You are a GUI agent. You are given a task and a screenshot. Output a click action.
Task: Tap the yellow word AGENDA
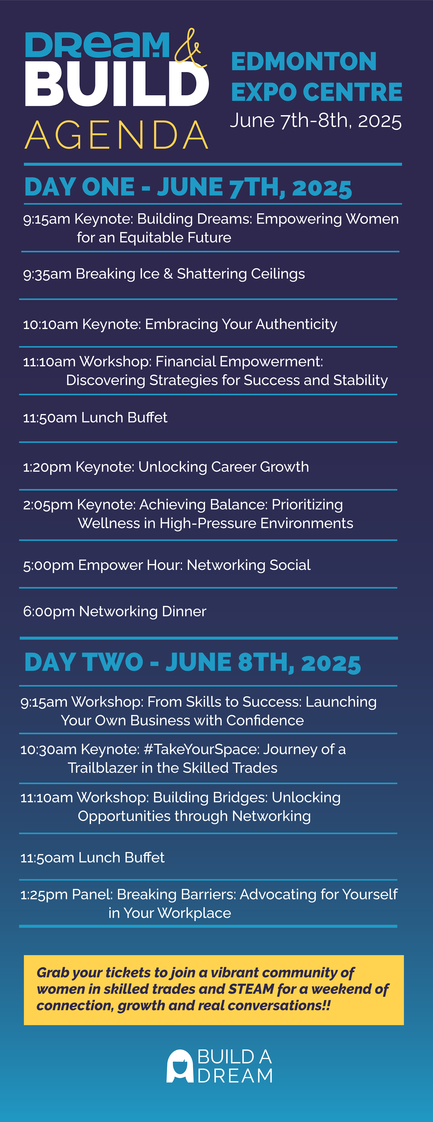[x=117, y=135]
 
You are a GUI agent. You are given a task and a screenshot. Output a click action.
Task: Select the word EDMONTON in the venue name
[x=304, y=61]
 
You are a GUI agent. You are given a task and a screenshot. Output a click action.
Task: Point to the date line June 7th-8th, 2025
[x=315, y=121]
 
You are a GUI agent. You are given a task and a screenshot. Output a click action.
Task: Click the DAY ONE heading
[x=188, y=187]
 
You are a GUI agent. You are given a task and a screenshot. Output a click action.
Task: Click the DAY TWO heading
[x=192, y=662]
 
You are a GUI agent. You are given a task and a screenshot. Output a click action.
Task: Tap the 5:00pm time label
[x=48, y=565]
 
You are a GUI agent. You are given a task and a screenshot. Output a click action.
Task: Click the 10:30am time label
[x=49, y=750]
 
